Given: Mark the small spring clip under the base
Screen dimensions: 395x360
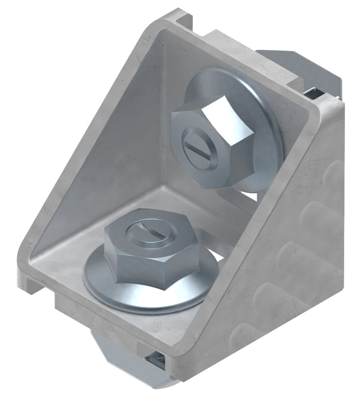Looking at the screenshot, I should click(156, 361).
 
